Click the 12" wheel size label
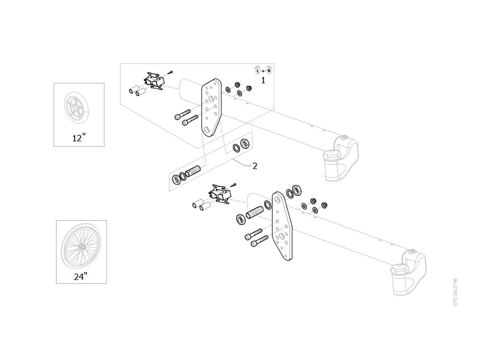pos(79,138)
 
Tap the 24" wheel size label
pos(81,276)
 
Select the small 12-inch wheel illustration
pos(76,109)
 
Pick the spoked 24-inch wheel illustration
pos(81,246)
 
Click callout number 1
pos(263,80)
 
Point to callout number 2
pos(255,166)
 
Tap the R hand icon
pos(269,70)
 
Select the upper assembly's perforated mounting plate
pos(211,107)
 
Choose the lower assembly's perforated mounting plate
pos(282,226)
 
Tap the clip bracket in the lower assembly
pos(220,194)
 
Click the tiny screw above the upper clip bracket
pos(171,73)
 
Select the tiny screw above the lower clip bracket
pos(234,185)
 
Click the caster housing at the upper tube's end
pos(341,158)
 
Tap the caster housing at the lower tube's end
pos(409,273)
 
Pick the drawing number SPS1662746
pos(455,292)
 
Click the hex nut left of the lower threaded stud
pos(241,219)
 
